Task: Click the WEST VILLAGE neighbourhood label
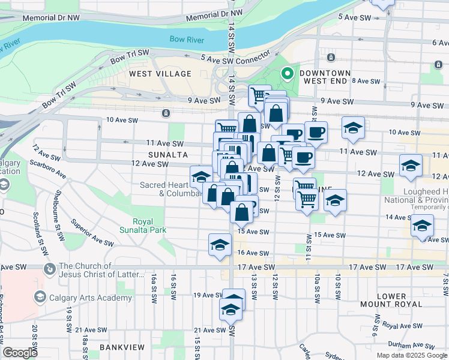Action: point(160,74)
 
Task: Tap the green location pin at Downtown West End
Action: point(288,74)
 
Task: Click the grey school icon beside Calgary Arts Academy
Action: point(40,296)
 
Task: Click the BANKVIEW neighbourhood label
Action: point(120,347)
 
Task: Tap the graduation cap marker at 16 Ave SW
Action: point(220,245)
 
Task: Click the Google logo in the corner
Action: point(20,353)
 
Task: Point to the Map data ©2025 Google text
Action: point(412,355)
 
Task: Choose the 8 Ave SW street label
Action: point(366,80)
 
